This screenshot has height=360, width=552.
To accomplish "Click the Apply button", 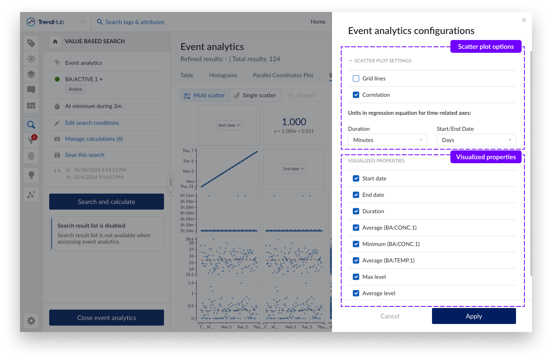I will (x=474, y=316).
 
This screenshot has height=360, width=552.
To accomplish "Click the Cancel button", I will (x=390, y=316).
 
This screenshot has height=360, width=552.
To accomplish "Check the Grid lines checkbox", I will (x=356, y=78).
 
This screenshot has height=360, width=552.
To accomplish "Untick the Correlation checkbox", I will (x=356, y=95).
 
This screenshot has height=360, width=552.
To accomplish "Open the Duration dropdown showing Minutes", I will (x=387, y=140).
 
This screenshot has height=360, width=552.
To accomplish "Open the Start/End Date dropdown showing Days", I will (x=476, y=140).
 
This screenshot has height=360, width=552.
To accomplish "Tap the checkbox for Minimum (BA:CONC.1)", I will (x=356, y=244).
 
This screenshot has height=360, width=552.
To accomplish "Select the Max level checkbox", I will (x=356, y=277).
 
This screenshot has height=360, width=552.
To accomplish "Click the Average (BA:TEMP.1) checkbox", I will (x=356, y=260).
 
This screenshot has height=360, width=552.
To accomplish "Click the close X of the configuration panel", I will (x=524, y=20).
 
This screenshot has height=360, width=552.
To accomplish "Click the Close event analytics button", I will (x=106, y=318).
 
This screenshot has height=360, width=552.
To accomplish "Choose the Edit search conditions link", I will (x=92, y=123).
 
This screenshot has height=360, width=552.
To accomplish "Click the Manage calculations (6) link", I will (x=94, y=139).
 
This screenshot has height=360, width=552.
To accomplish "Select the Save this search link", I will (x=85, y=155).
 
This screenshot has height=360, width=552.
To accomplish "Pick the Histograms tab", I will (x=223, y=75).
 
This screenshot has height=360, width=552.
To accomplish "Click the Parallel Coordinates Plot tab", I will (x=283, y=75).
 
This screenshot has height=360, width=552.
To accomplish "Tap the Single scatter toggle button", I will (x=255, y=95).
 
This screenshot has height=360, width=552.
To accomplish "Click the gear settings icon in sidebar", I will (x=31, y=320).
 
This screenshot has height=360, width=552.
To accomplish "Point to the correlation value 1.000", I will (x=294, y=122).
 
